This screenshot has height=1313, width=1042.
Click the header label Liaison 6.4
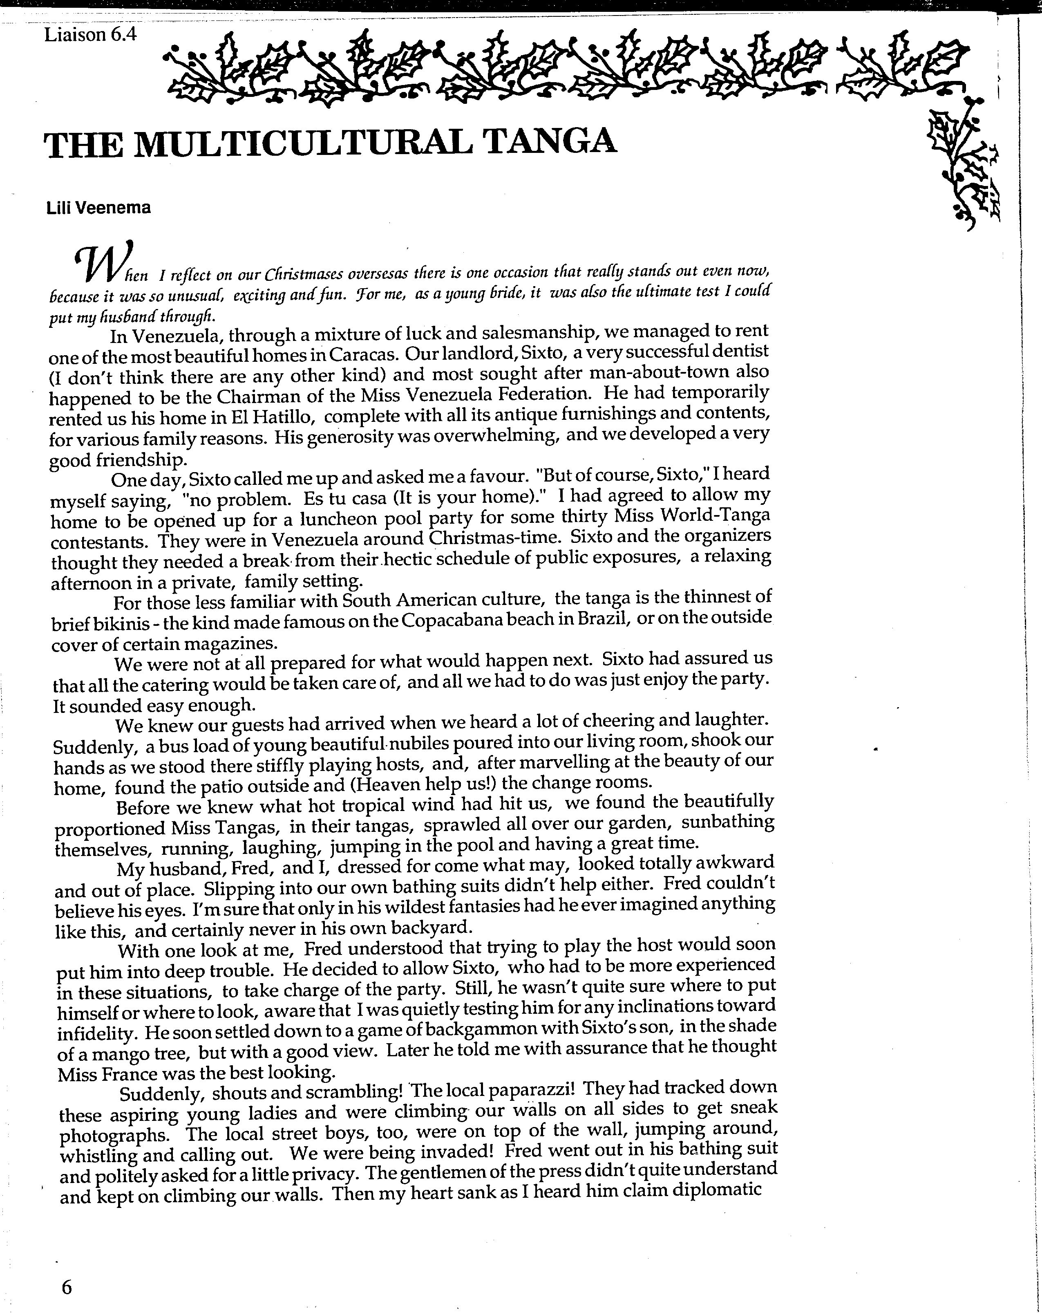[x=90, y=35]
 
